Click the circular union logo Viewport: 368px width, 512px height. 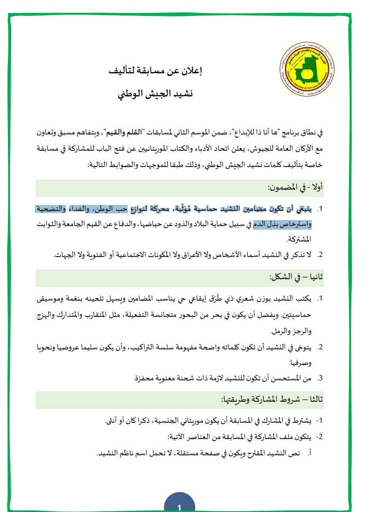click(307, 70)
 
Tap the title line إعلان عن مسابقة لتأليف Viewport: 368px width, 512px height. click(155, 71)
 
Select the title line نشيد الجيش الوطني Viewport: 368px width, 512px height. click(155, 94)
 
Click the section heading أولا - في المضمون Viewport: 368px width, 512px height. click(295, 188)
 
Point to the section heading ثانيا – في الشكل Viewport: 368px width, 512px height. click(296, 277)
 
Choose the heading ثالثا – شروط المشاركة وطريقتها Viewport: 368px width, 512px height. click(272, 399)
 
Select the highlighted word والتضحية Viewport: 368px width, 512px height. click(51, 209)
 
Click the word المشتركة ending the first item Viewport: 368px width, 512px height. click(299, 240)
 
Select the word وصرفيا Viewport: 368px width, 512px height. click(300, 363)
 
